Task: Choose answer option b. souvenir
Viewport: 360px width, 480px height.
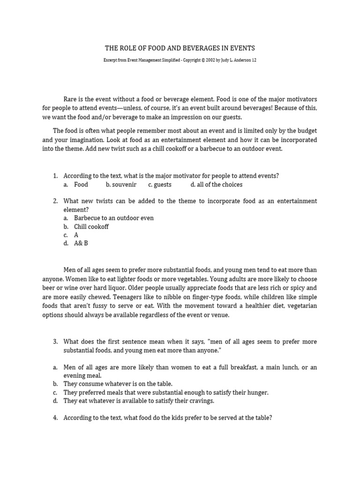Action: [121, 185]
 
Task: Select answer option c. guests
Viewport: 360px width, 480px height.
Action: [160, 185]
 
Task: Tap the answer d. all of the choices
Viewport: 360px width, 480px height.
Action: [217, 185]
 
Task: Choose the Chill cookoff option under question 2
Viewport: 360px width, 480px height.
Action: [91, 227]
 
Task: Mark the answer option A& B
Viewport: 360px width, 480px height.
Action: [81, 244]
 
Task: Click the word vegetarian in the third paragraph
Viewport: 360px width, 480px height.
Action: [300, 306]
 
